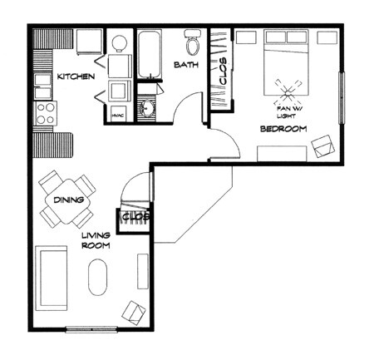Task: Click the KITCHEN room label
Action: [x=75, y=77]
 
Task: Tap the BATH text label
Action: [x=185, y=64]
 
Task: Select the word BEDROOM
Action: [x=283, y=129]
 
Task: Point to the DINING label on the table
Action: [x=67, y=200]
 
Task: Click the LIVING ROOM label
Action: [x=96, y=240]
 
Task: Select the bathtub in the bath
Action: [x=150, y=54]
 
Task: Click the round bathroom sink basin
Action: [x=148, y=107]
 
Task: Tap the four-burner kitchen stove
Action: [x=45, y=113]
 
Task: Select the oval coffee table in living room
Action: [x=97, y=277]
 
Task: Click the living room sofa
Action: [x=52, y=277]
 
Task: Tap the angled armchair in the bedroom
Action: [x=322, y=149]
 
